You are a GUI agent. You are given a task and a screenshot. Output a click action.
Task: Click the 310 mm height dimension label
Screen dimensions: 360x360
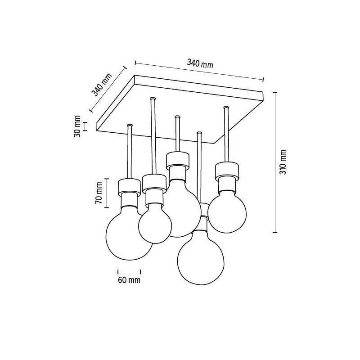tap(283, 162)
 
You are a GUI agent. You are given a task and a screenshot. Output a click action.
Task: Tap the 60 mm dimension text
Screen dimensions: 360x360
tap(129, 280)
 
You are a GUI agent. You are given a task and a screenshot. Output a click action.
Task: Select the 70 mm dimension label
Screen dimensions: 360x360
tap(99, 193)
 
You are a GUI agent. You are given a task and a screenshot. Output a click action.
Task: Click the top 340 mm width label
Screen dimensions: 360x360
tap(200, 64)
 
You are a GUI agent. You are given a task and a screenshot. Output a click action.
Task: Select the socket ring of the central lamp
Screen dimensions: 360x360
tap(178, 158)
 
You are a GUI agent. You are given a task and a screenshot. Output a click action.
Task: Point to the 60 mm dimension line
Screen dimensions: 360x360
tap(129, 272)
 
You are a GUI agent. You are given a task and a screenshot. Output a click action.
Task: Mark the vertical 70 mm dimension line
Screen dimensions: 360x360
tap(107, 193)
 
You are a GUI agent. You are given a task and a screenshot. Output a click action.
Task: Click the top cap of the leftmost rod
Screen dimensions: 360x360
tap(130, 125)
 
